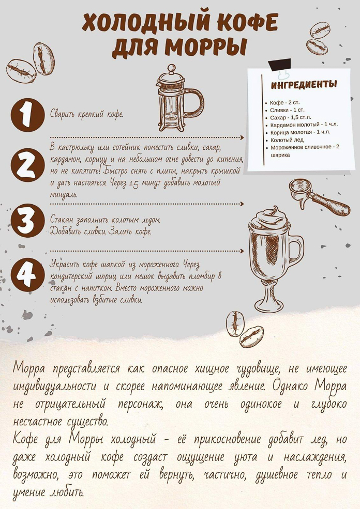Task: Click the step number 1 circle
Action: pyautogui.click(x=27, y=115)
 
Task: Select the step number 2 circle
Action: pyautogui.click(x=27, y=165)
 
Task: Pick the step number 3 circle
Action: pyautogui.click(x=27, y=221)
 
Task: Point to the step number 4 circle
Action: pyautogui.click(x=27, y=274)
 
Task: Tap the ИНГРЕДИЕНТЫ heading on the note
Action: pyautogui.click(x=304, y=85)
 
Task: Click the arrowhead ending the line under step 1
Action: pyautogui.click(x=242, y=137)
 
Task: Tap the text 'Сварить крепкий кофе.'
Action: pyautogui.click(x=86, y=114)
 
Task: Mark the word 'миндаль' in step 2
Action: pyautogui.click(x=59, y=194)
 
